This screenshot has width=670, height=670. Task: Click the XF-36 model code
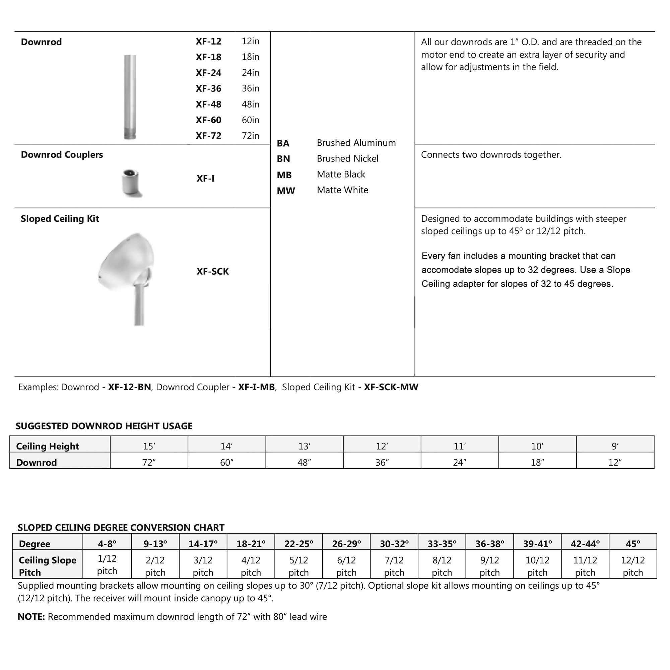point(208,89)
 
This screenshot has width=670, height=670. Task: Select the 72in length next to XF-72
point(250,136)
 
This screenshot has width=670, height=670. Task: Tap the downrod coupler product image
point(131,183)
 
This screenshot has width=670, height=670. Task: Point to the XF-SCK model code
point(213,272)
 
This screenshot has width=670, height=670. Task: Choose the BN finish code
point(283,159)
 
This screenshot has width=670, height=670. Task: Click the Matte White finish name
point(342,190)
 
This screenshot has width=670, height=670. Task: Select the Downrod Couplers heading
point(62,155)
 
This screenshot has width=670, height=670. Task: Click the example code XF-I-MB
point(256,387)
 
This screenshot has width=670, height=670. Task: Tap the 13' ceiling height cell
point(304,446)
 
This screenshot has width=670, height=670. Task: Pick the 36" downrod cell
point(382,463)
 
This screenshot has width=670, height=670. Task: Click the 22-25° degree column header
point(298,544)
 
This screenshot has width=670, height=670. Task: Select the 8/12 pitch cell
point(442,566)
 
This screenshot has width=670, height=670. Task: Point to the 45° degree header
point(632,544)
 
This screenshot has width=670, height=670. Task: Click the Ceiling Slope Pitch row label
point(47,566)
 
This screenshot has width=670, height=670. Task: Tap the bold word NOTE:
point(31,617)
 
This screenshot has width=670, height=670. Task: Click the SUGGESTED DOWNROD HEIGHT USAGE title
point(104,426)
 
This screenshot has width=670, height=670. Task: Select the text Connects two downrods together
point(491,155)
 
